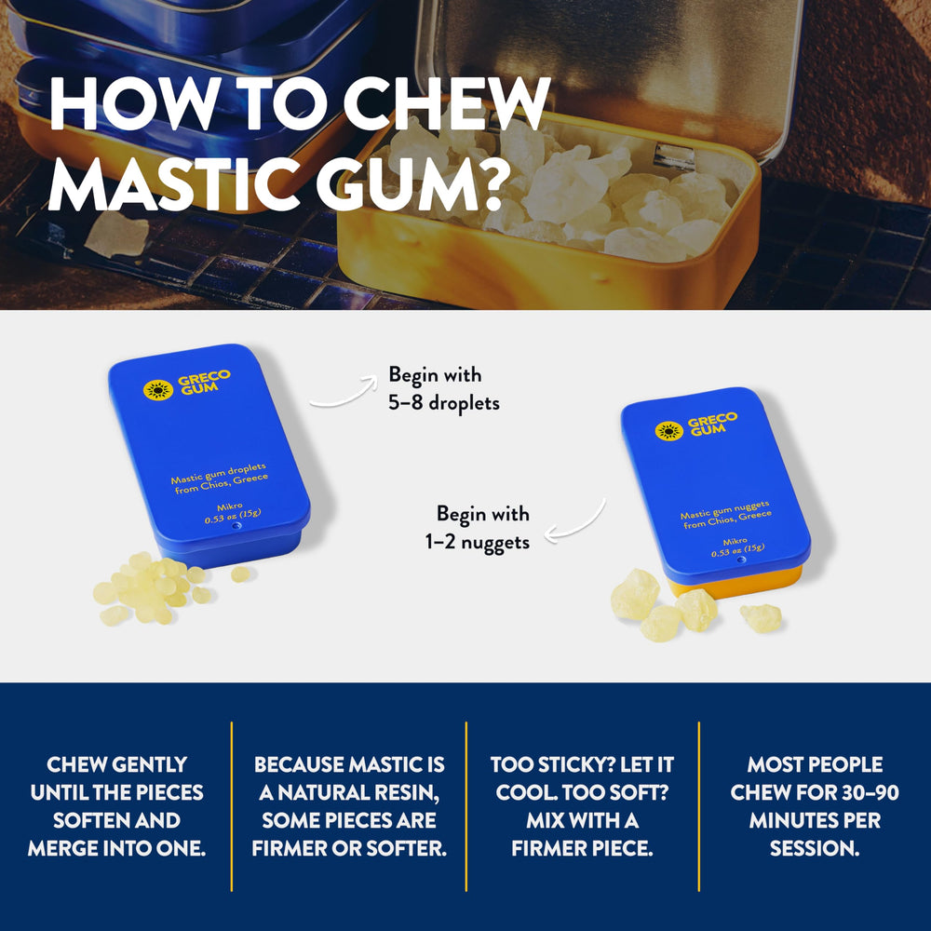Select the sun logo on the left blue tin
tap(158, 389)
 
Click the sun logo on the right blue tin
tap(668, 431)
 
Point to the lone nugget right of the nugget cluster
tap(761, 616)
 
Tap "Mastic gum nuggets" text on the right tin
tap(724, 510)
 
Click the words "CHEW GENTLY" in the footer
tap(116, 765)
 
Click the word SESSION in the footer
tap(815, 849)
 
